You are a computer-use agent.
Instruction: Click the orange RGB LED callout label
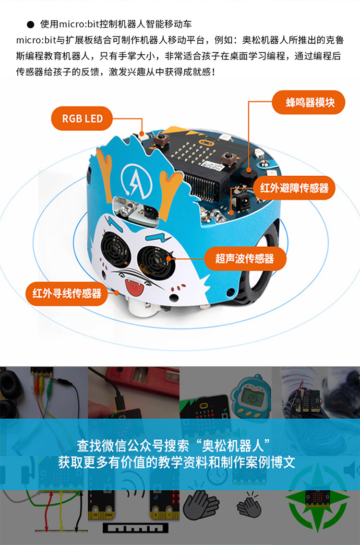pos(83,119)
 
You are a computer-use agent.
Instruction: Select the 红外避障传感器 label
pos(294,188)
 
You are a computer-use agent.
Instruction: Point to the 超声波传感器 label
pos(245,259)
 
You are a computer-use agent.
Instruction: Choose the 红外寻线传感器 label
pos(67,293)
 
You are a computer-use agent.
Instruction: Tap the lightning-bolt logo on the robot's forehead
pos(136,178)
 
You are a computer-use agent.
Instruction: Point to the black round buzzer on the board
pos(249,173)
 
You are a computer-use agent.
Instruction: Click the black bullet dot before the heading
pos(31,24)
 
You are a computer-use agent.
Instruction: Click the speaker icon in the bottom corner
pos(351,471)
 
